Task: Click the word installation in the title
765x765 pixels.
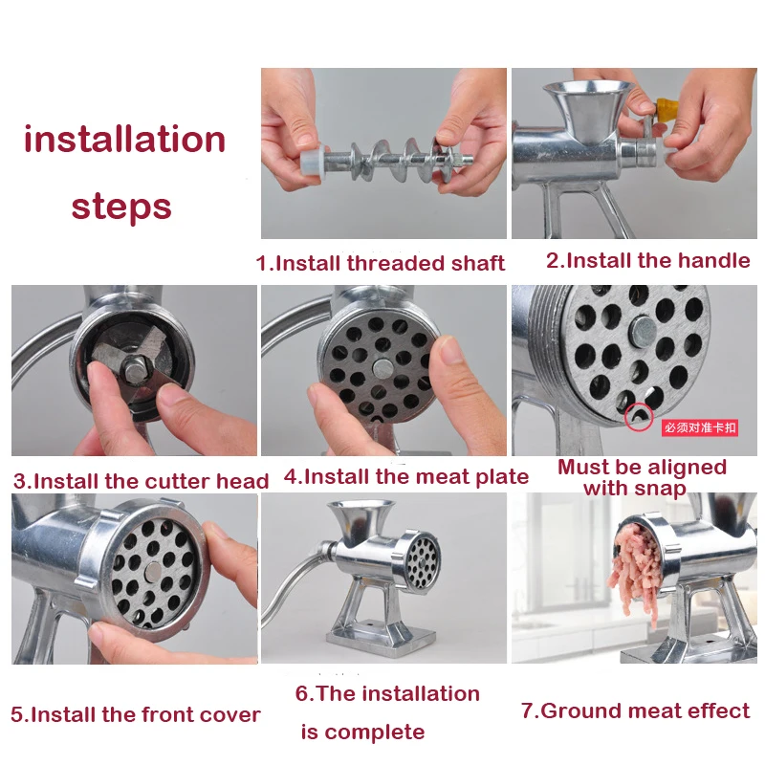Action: click(124, 140)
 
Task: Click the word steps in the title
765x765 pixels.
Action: click(121, 206)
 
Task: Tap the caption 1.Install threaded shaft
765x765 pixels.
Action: click(380, 263)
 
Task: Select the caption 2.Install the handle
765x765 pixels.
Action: click(647, 260)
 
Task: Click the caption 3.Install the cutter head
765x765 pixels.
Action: click(141, 481)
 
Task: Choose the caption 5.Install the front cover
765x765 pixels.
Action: click(135, 714)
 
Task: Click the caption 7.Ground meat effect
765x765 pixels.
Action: click(635, 710)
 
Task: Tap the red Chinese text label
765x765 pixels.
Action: click(701, 428)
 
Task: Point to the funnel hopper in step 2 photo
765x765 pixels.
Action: click(585, 100)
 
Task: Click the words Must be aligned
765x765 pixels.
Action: click(642, 468)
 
